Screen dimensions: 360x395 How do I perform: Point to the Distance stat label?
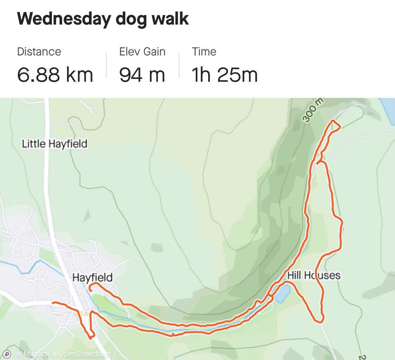[39, 52]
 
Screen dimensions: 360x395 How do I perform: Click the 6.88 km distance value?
[55, 75]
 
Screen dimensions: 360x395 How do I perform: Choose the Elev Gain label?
[142, 52]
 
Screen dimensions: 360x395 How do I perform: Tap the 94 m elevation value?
[142, 75]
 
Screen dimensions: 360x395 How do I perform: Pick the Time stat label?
[204, 52]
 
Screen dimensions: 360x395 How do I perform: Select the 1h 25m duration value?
[225, 75]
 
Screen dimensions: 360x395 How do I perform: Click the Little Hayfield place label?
[54, 144]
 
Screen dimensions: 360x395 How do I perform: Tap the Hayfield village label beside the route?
[92, 278]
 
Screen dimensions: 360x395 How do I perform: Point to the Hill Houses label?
[314, 275]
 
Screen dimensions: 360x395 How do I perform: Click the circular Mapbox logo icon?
[8, 354]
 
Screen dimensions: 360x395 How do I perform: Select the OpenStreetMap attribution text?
[84, 354]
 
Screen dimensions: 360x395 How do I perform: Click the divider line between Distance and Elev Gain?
[106, 65]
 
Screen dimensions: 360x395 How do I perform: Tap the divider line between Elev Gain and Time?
[179, 65]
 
